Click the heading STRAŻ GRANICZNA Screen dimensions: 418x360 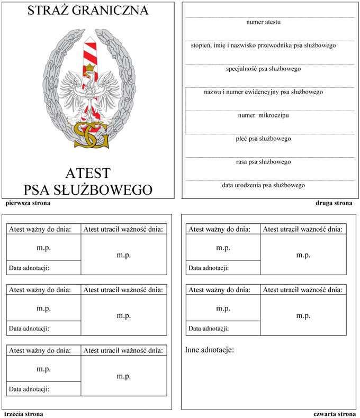pyautogui.click(x=88, y=11)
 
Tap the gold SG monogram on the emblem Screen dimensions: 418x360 pyautogui.click(x=91, y=134)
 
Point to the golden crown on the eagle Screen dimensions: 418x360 pyautogui.click(x=92, y=67)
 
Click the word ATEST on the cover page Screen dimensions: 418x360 pyautogui.click(x=88, y=173)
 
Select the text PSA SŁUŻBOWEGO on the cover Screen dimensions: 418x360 pyautogui.click(x=88, y=189)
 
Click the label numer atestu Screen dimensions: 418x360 pyautogui.click(x=263, y=22)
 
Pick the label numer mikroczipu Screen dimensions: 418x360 pyautogui.click(x=263, y=115)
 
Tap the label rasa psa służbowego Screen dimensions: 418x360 pyautogui.click(x=263, y=161)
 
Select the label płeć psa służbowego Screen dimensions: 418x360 pyautogui.click(x=263, y=139)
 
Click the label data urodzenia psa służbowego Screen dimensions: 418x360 pyautogui.click(x=263, y=185)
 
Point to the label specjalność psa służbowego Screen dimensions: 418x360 pyautogui.click(x=263, y=69)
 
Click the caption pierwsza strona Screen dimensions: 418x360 pyautogui.click(x=24, y=203)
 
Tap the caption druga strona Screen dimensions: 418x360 pyautogui.click(x=334, y=203)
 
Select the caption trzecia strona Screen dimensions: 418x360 pyautogui.click(x=23, y=414)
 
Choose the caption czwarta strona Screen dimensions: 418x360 pyautogui.click(x=334, y=414)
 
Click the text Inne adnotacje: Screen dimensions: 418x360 pyautogui.click(x=209, y=350)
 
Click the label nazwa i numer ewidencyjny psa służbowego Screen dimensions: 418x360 pyautogui.click(x=263, y=92)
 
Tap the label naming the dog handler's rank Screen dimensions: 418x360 pyautogui.click(x=263, y=46)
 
